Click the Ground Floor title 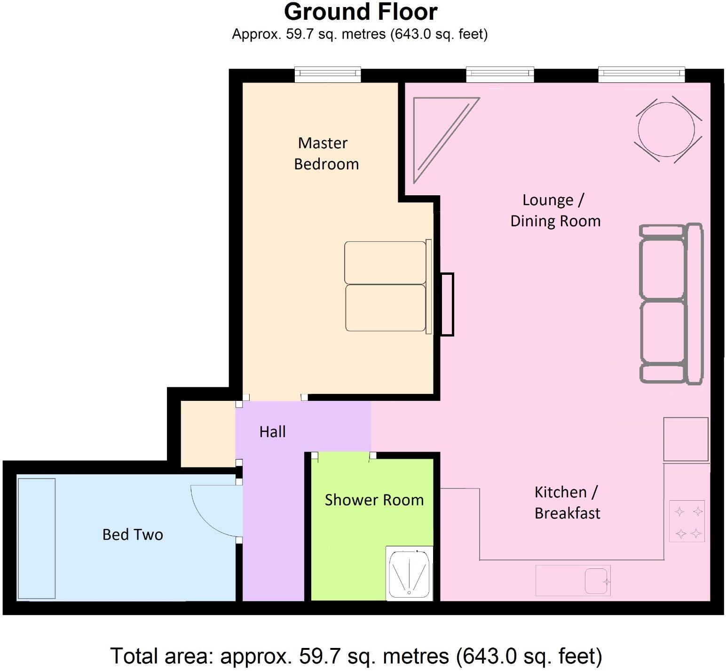(361, 12)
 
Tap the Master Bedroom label (325, 153)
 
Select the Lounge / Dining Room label (555, 210)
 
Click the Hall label (272, 432)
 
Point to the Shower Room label (374, 500)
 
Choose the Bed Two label (133, 535)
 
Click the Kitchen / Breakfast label (567, 503)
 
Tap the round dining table (666, 129)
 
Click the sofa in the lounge (670, 303)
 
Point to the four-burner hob (687, 521)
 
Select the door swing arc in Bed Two (214, 511)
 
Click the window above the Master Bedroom (328, 74)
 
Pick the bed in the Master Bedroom (387, 286)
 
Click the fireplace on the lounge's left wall (447, 304)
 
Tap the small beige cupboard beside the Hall (207, 434)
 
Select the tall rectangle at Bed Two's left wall (37, 538)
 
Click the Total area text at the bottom (356, 655)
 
